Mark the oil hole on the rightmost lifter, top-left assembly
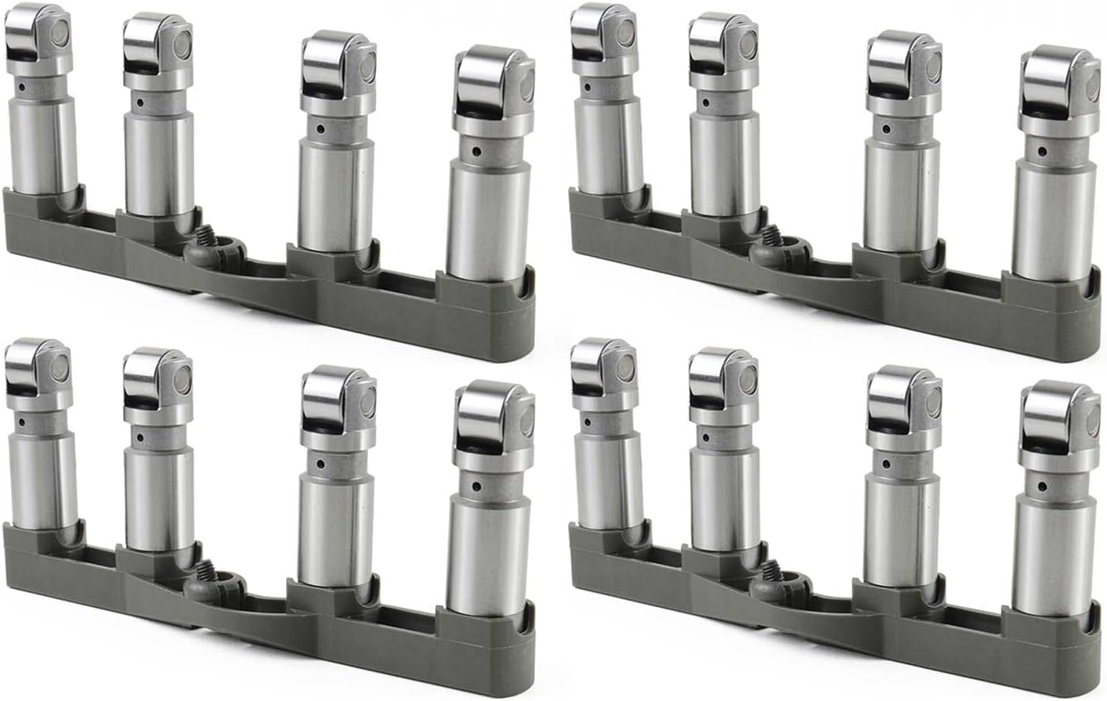coord(475,152)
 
